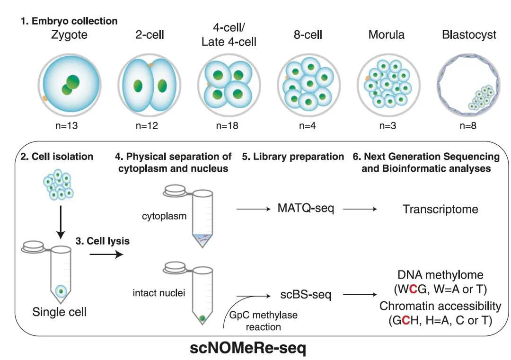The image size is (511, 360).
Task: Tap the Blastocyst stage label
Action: coord(469,35)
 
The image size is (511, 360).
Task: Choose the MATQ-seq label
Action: coord(306,208)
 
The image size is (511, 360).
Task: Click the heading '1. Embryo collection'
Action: coord(69,21)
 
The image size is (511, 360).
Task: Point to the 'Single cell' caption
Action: coord(60,312)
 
